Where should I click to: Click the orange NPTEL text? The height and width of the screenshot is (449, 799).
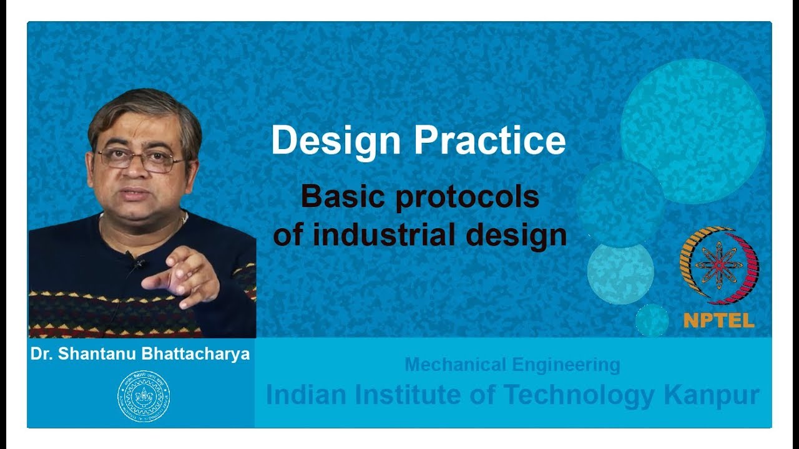pos(718,321)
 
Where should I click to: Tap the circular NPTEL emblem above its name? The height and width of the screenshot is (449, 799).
pos(718,264)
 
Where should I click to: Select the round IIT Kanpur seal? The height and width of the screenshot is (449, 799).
pos(144,396)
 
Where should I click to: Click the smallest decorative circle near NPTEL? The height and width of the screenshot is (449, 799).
pos(652,320)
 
